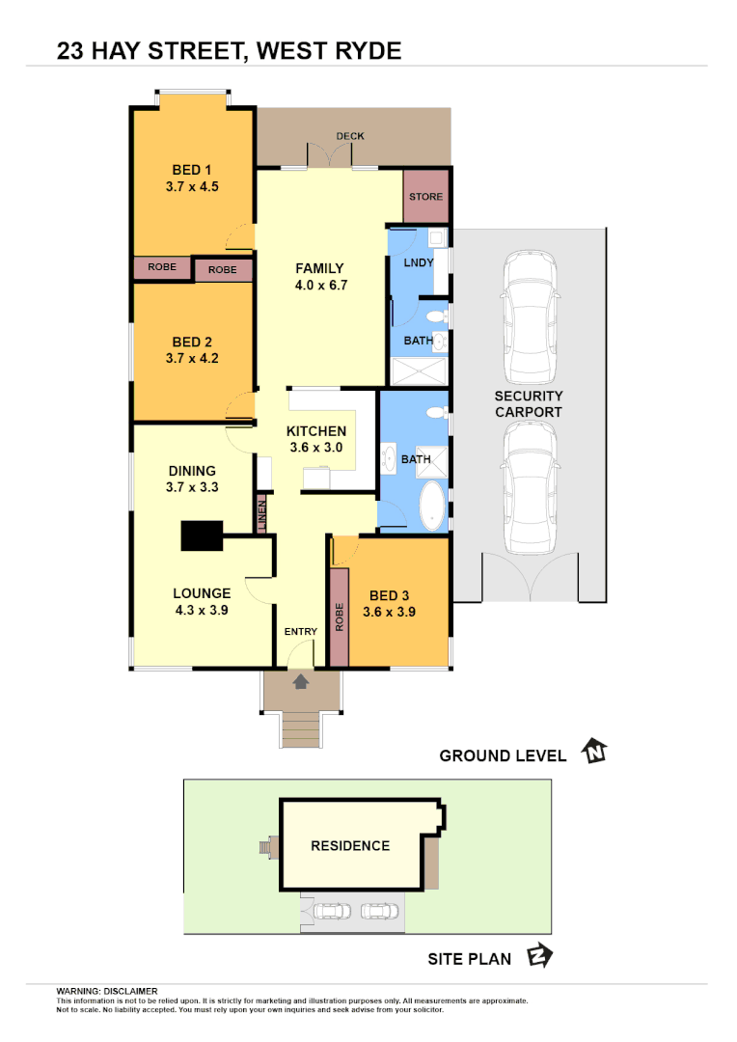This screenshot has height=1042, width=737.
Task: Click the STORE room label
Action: pos(425,197)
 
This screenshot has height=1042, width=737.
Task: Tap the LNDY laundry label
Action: pos(418,262)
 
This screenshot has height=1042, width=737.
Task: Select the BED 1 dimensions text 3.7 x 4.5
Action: pos(192,187)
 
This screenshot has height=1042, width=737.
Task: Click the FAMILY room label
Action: pos(319,269)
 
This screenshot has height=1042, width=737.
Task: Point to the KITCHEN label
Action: pos(316,431)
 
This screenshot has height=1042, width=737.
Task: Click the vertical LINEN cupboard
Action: pos(261,514)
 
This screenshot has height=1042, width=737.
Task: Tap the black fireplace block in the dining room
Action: pos(202,536)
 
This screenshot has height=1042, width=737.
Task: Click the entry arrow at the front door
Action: pos(300,682)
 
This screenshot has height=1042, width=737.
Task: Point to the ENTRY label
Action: pos(300,632)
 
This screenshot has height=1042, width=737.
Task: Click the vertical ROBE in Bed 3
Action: pos(339,617)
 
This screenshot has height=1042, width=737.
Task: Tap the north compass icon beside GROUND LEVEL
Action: pos(593,752)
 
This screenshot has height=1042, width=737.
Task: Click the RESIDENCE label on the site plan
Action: pos(350,846)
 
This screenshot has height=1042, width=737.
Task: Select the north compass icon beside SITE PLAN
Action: pos(539,956)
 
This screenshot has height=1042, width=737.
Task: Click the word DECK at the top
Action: pos(350,136)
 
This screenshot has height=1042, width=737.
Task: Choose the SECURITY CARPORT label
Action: pos(529,404)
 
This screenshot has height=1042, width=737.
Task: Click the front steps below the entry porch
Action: pos(301,729)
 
